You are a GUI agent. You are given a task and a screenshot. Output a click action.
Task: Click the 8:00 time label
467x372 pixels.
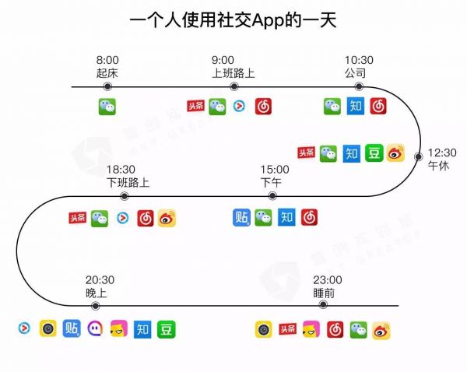(x=107, y=60)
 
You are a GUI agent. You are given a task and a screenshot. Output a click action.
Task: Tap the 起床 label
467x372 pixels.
(x=107, y=73)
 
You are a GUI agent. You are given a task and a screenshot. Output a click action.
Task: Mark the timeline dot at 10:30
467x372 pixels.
(x=359, y=86)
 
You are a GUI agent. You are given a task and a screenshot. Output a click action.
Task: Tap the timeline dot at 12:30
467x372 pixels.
(x=419, y=154)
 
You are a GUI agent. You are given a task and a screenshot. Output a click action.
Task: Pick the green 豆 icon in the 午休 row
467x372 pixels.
(x=374, y=153)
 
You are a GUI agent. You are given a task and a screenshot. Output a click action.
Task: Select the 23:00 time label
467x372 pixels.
(x=327, y=280)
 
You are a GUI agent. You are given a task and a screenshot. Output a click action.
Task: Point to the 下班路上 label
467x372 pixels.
(x=128, y=183)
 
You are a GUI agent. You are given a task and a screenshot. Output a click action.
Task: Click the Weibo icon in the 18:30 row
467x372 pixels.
(x=167, y=219)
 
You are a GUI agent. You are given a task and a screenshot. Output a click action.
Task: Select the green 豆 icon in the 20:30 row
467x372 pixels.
(x=167, y=329)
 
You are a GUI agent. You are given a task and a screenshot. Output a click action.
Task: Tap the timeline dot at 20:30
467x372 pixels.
(x=107, y=306)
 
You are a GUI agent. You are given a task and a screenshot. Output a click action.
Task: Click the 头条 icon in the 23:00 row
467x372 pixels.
(x=288, y=329)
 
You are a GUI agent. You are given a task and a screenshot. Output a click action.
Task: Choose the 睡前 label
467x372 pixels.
(x=325, y=293)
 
